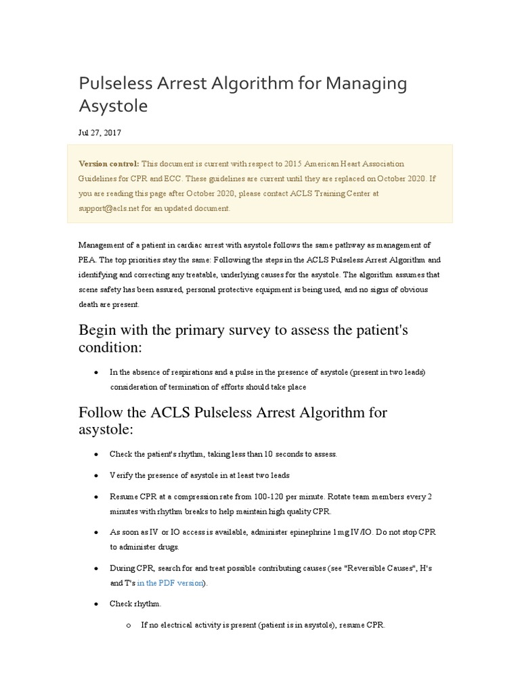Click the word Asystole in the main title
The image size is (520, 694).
click(113, 106)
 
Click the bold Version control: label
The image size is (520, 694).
click(109, 164)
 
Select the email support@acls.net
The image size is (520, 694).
click(109, 209)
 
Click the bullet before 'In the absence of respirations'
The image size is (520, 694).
click(97, 372)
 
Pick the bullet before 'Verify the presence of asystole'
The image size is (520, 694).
click(97, 475)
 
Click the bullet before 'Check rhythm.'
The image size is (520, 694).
click(97, 603)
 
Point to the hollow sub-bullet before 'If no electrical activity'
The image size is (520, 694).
click(128, 625)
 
